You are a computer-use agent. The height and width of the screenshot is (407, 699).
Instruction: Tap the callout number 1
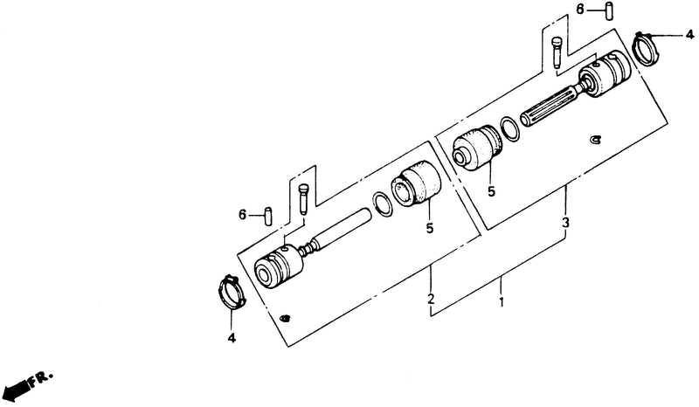click(502, 302)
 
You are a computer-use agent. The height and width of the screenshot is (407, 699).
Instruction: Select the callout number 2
click(431, 299)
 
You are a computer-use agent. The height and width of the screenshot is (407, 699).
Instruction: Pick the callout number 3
click(565, 223)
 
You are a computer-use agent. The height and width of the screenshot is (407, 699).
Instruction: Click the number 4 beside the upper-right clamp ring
click(689, 34)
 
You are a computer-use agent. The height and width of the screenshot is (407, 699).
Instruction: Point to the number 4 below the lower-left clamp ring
click(232, 338)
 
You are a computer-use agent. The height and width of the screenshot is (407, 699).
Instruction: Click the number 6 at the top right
click(580, 9)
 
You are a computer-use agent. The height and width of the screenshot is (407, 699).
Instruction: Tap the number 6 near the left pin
click(243, 215)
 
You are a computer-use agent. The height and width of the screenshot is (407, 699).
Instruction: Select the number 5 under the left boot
click(429, 228)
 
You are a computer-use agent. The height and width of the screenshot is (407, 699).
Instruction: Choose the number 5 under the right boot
click(491, 191)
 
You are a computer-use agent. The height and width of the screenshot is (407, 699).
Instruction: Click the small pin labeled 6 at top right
click(608, 11)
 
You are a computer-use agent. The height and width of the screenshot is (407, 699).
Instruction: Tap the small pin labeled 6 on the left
click(269, 217)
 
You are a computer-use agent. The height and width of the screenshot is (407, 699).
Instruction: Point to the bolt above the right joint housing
click(557, 52)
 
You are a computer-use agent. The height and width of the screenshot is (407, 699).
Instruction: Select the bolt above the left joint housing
click(302, 199)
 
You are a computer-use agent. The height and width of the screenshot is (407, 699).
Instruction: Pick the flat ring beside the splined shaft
click(509, 129)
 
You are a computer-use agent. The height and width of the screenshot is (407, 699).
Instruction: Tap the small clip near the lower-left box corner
click(283, 318)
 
